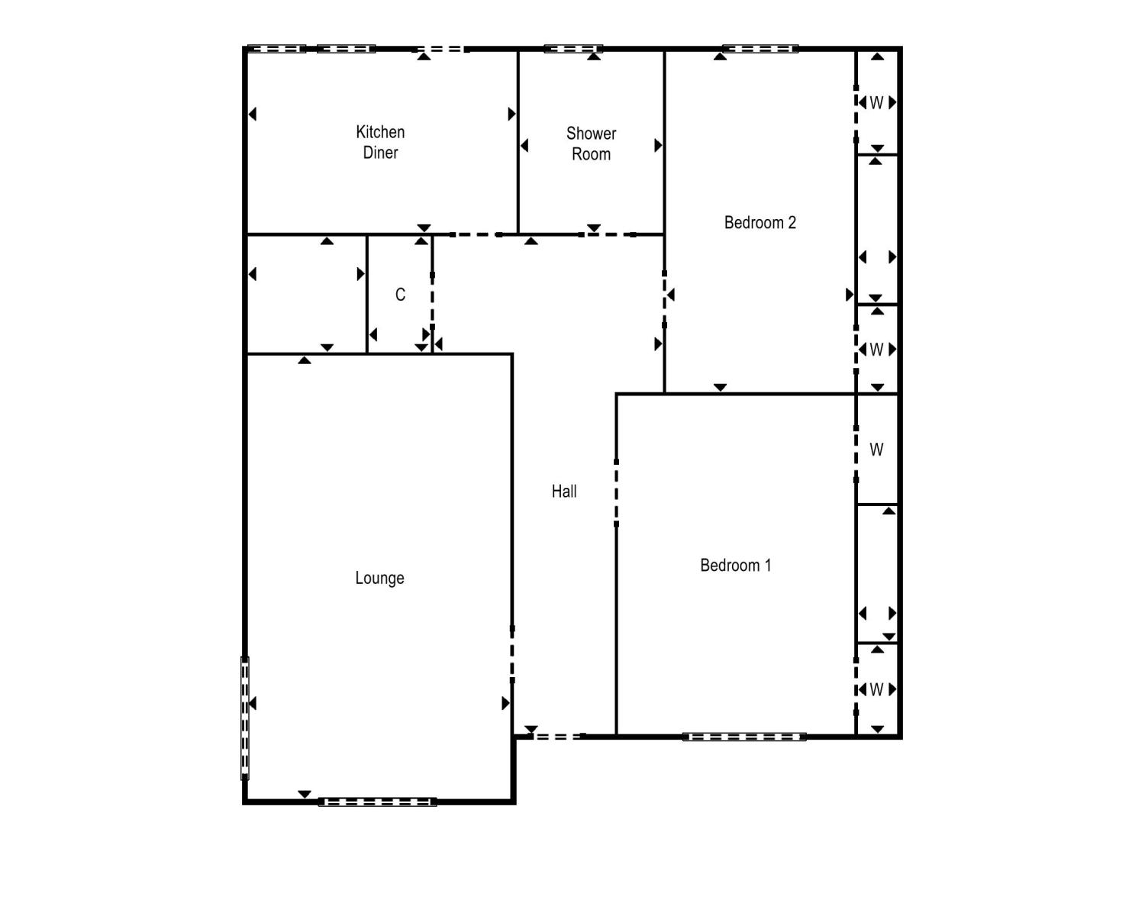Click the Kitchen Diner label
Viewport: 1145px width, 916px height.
[380, 142]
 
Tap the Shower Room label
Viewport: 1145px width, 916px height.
[591, 144]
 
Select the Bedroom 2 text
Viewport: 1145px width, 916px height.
[760, 222]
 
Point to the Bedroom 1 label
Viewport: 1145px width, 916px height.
[735, 565]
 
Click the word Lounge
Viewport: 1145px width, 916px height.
[379, 579]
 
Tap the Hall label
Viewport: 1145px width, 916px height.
[564, 492]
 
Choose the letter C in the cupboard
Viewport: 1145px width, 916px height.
[400, 295]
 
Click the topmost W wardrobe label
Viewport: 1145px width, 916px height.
[876, 103]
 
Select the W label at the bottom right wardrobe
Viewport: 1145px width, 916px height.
[876, 690]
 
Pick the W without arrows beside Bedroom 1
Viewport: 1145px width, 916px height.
[876, 450]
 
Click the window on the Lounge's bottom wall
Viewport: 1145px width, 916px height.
[377, 802]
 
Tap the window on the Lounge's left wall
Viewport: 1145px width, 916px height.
[245, 718]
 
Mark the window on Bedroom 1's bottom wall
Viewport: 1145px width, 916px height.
[743, 737]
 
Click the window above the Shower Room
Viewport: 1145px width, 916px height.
[573, 49]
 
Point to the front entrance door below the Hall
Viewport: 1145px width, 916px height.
[556, 737]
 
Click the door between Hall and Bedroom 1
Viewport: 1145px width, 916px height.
[616, 493]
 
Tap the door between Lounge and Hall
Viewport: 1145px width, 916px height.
[512, 655]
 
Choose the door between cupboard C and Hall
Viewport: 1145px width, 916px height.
[432, 301]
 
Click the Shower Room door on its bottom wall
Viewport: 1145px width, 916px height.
[608, 234]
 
